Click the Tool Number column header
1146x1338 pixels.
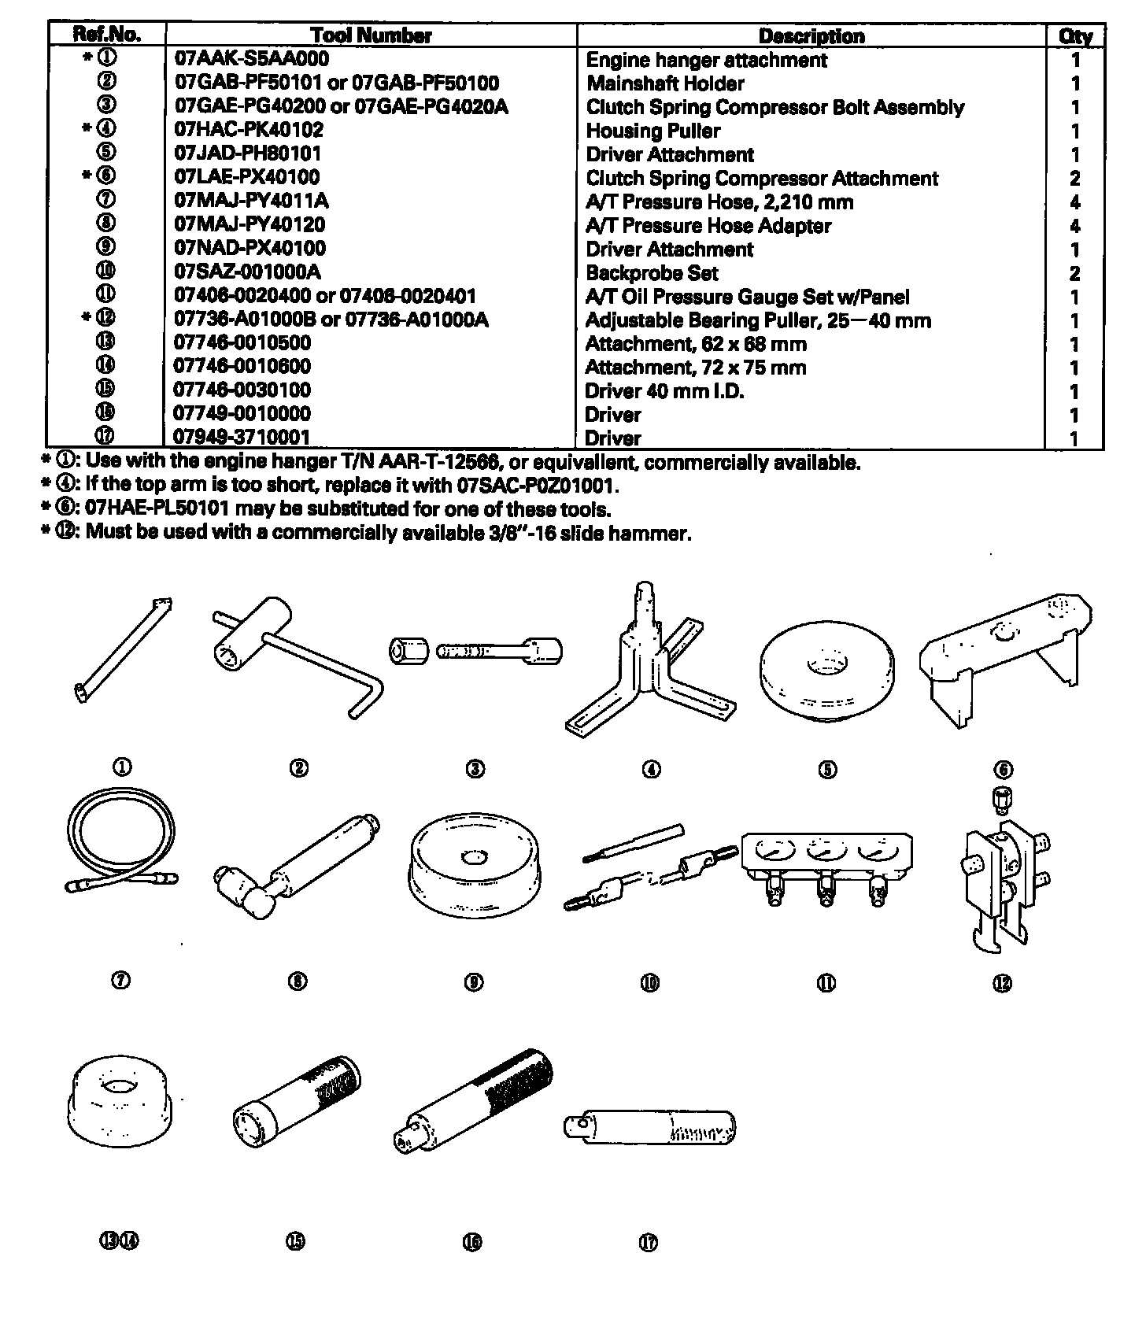tap(371, 35)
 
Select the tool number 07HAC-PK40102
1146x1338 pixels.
tap(249, 130)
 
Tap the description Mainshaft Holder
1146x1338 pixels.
tap(665, 83)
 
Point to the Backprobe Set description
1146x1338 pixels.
tap(652, 273)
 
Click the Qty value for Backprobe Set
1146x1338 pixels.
tap(1075, 274)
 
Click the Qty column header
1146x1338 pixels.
tap(1075, 36)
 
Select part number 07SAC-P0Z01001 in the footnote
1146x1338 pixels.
tap(533, 486)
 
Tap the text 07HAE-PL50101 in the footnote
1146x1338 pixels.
tap(157, 509)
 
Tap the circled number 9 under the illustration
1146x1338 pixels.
tap(474, 982)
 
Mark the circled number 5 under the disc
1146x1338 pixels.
tap(827, 770)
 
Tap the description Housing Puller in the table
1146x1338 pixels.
tap(652, 131)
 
